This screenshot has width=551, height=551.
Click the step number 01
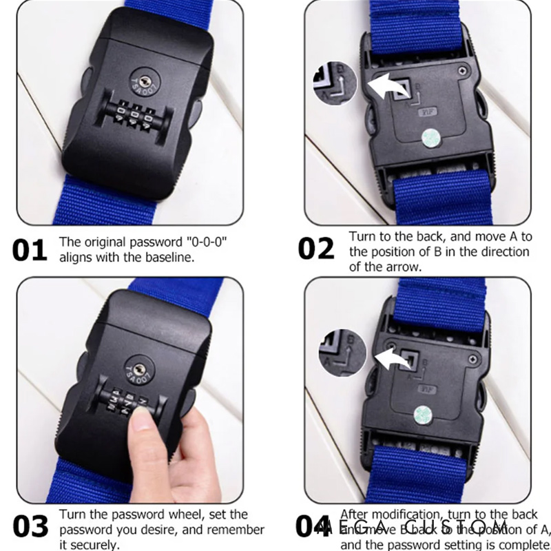(x=29, y=250)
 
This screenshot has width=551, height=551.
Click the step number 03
(x=30, y=527)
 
